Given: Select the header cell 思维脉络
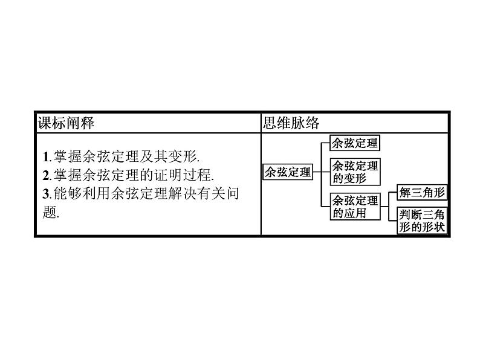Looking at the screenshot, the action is click(291, 123).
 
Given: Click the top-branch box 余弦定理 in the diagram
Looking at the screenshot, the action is click(355, 144).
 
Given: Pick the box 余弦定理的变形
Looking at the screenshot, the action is click(355, 172).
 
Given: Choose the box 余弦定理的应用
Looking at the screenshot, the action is click(355, 207).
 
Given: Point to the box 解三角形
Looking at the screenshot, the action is click(423, 193).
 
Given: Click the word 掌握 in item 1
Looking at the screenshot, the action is click(66, 156).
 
